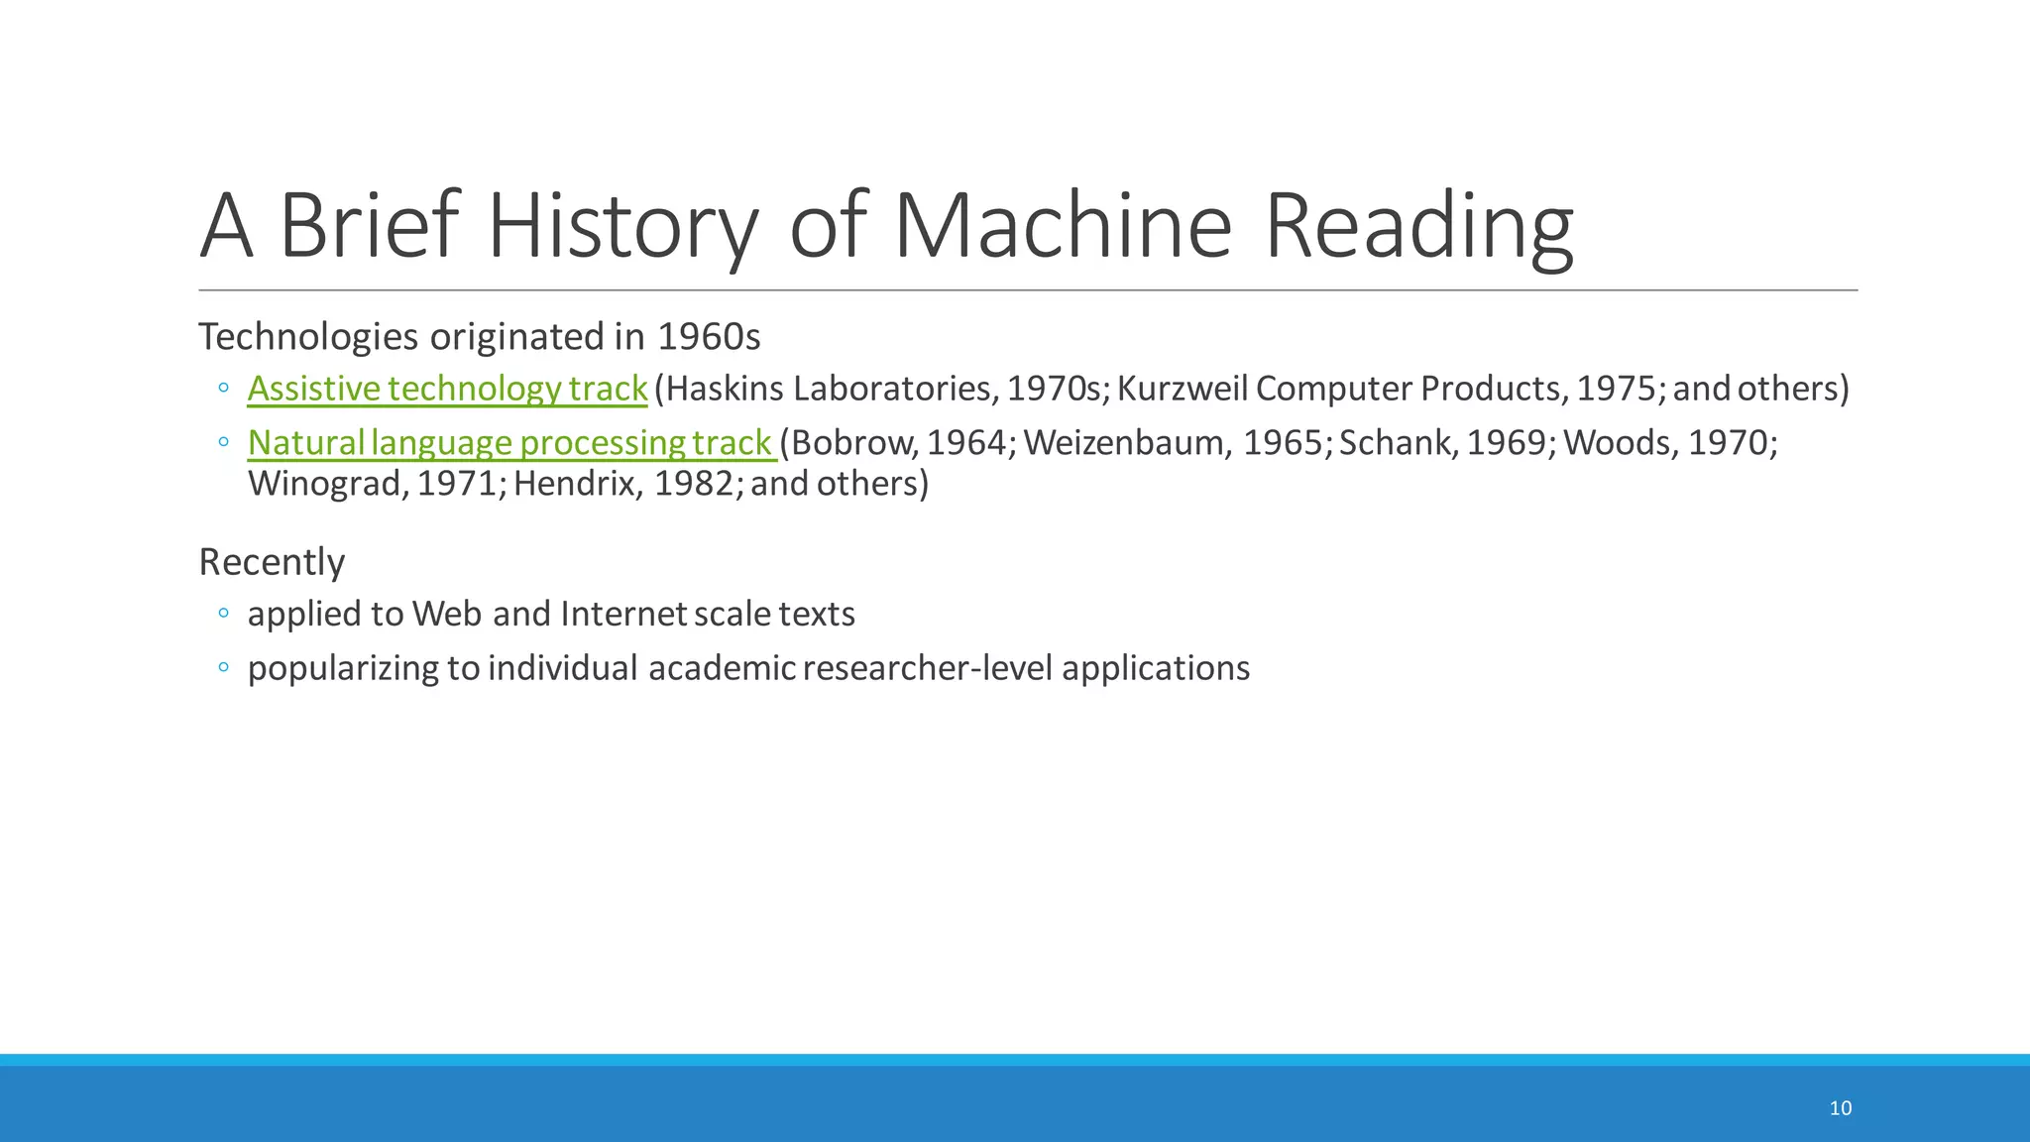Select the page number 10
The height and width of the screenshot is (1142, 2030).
(x=1840, y=1108)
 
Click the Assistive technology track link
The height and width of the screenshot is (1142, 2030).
(x=447, y=389)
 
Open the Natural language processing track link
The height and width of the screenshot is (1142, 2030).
(x=510, y=442)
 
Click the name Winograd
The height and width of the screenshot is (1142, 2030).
(x=328, y=484)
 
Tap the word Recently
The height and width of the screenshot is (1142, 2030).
(x=272, y=562)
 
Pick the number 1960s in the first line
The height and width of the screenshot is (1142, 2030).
(x=709, y=337)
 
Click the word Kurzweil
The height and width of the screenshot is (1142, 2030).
(x=1183, y=389)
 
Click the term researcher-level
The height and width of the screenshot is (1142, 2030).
(x=928, y=668)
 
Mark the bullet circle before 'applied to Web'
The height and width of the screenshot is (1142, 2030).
(x=224, y=614)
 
